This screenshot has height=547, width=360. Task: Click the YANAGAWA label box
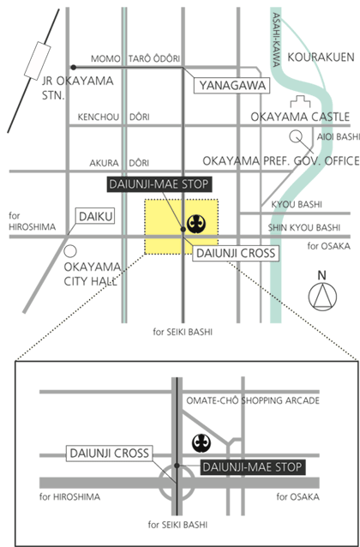(231, 86)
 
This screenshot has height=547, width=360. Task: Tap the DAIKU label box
(96, 216)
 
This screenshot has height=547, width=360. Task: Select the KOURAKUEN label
(321, 57)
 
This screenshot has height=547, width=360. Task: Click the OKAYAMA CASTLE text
(300, 117)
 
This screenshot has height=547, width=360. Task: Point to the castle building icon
(300, 102)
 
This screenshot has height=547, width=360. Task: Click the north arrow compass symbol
(322, 297)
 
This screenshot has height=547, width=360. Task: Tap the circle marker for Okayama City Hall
(70, 251)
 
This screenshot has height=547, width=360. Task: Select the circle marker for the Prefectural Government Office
(296, 136)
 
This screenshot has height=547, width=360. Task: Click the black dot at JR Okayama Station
(73, 67)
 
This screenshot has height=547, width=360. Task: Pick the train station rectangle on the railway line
(38, 61)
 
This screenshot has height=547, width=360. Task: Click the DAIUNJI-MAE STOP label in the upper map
(159, 184)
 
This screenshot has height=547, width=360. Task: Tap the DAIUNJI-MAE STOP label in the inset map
(253, 467)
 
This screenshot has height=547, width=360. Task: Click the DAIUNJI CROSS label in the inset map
(109, 454)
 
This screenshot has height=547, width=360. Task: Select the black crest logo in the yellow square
(195, 224)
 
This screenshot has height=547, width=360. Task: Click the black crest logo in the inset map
(201, 443)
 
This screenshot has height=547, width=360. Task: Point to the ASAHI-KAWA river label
(277, 39)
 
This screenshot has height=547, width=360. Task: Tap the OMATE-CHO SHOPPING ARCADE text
(253, 400)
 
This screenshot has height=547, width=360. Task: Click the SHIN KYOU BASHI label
(303, 228)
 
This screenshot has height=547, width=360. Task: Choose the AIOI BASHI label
(338, 137)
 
